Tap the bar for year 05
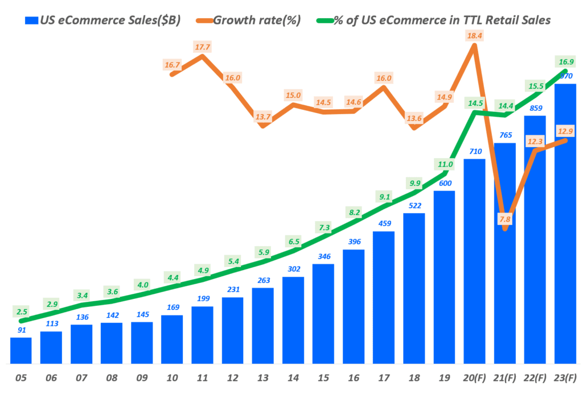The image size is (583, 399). (21, 350)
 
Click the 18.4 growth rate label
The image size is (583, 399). (474, 35)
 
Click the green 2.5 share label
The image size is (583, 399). (22, 311)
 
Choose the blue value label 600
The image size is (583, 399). (444, 184)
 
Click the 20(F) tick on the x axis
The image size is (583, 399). (474, 377)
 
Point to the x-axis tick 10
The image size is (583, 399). (172, 377)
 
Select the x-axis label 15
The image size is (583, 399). (323, 377)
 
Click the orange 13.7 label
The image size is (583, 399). (262, 117)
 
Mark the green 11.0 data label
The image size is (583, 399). (444, 164)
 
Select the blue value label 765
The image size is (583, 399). (504, 135)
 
